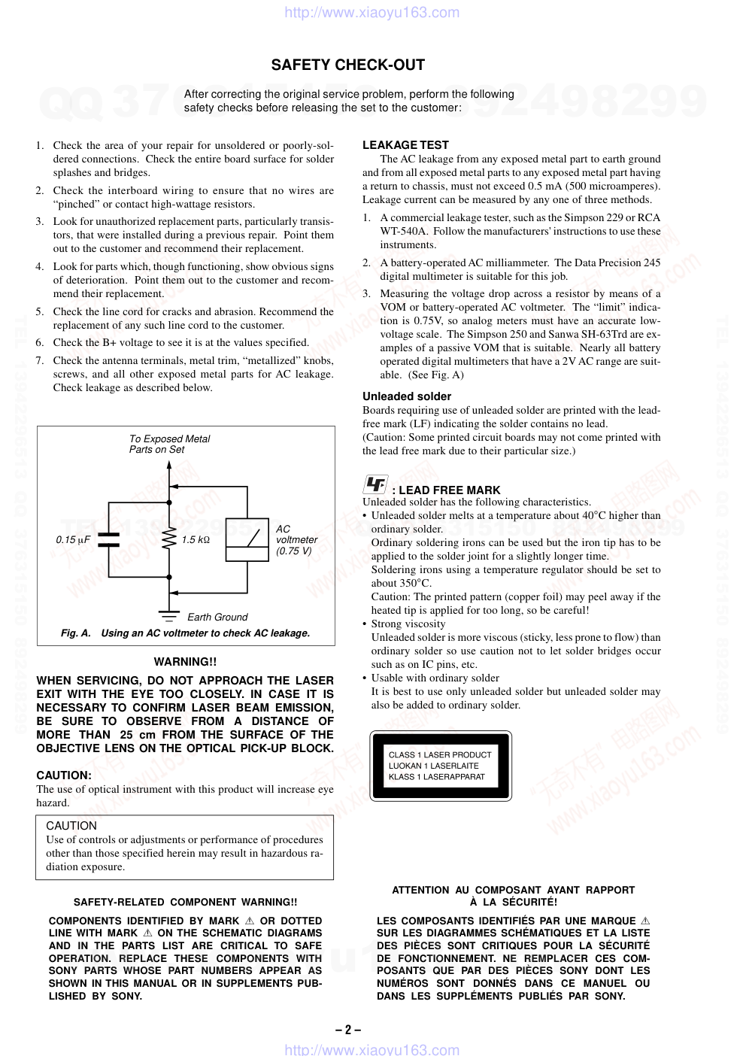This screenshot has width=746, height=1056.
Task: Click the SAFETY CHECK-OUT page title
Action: (x=347, y=65)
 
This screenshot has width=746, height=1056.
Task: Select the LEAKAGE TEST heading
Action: (x=405, y=145)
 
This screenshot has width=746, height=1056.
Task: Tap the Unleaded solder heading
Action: (x=407, y=396)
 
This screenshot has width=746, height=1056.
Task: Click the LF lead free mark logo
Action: (x=375, y=484)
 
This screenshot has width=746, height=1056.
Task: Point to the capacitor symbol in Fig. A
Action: (x=109, y=539)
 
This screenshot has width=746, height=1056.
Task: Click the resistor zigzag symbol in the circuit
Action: (x=169, y=539)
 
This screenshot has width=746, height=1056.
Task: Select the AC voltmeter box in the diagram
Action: (x=247, y=539)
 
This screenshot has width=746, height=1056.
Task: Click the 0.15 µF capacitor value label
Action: (x=73, y=540)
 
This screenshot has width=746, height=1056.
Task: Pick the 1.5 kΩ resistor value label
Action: (x=196, y=540)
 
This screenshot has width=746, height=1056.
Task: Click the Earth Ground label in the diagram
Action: (x=217, y=618)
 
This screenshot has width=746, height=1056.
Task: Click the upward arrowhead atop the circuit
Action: (x=169, y=465)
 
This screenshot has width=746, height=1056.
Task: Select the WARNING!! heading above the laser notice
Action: (x=185, y=662)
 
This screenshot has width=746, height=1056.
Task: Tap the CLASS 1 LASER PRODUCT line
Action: (x=440, y=754)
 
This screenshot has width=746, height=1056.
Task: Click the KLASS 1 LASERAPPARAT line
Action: (x=437, y=777)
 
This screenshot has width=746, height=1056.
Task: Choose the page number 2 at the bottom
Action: (x=348, y=1030)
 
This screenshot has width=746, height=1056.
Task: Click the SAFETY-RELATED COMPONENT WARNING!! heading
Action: (x=185, y=902)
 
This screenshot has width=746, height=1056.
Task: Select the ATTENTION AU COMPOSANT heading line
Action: (x=513, y=890)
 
